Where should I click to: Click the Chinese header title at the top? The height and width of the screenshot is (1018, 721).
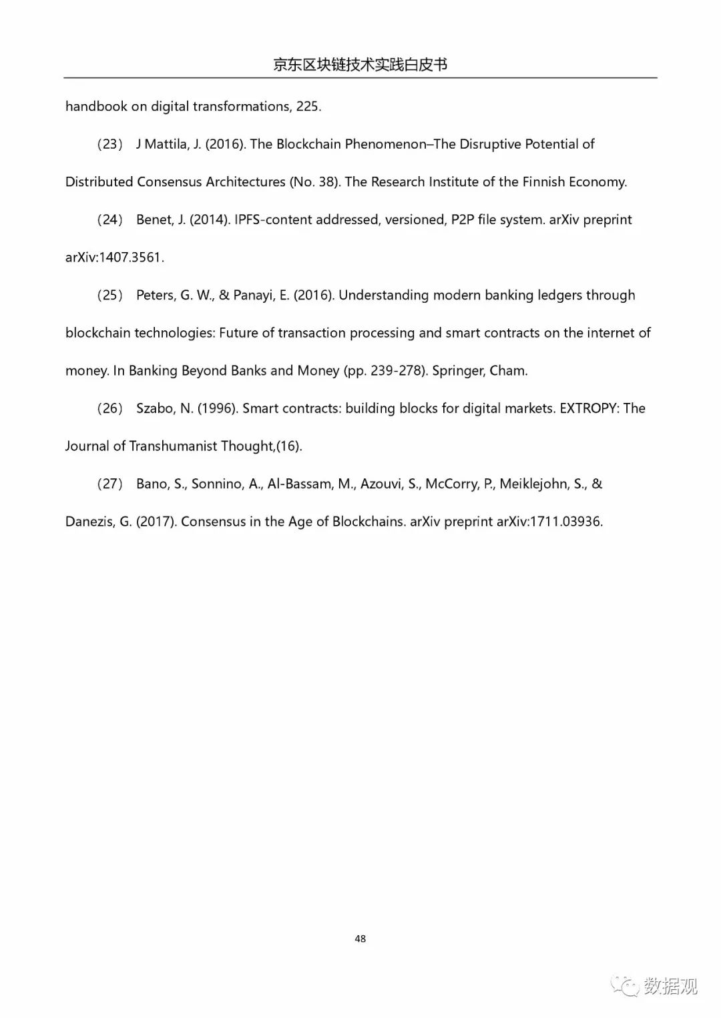[360, 65]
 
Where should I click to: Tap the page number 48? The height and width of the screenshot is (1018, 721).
[360, 939]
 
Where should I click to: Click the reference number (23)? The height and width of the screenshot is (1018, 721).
[109, 144]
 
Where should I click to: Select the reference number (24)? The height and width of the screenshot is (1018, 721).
[109, 219]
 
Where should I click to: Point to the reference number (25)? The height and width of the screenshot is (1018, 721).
[109, 295]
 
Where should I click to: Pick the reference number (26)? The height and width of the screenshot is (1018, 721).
[109, 408]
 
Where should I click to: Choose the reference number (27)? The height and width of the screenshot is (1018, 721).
[109, 484]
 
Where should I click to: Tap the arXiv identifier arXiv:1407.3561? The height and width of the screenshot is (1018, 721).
[114, 258]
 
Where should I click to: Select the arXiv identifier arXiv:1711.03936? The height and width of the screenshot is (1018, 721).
[549, 522]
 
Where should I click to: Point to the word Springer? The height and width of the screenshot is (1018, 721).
[458, 371]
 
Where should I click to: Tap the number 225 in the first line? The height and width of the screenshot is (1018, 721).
[308, 107]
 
